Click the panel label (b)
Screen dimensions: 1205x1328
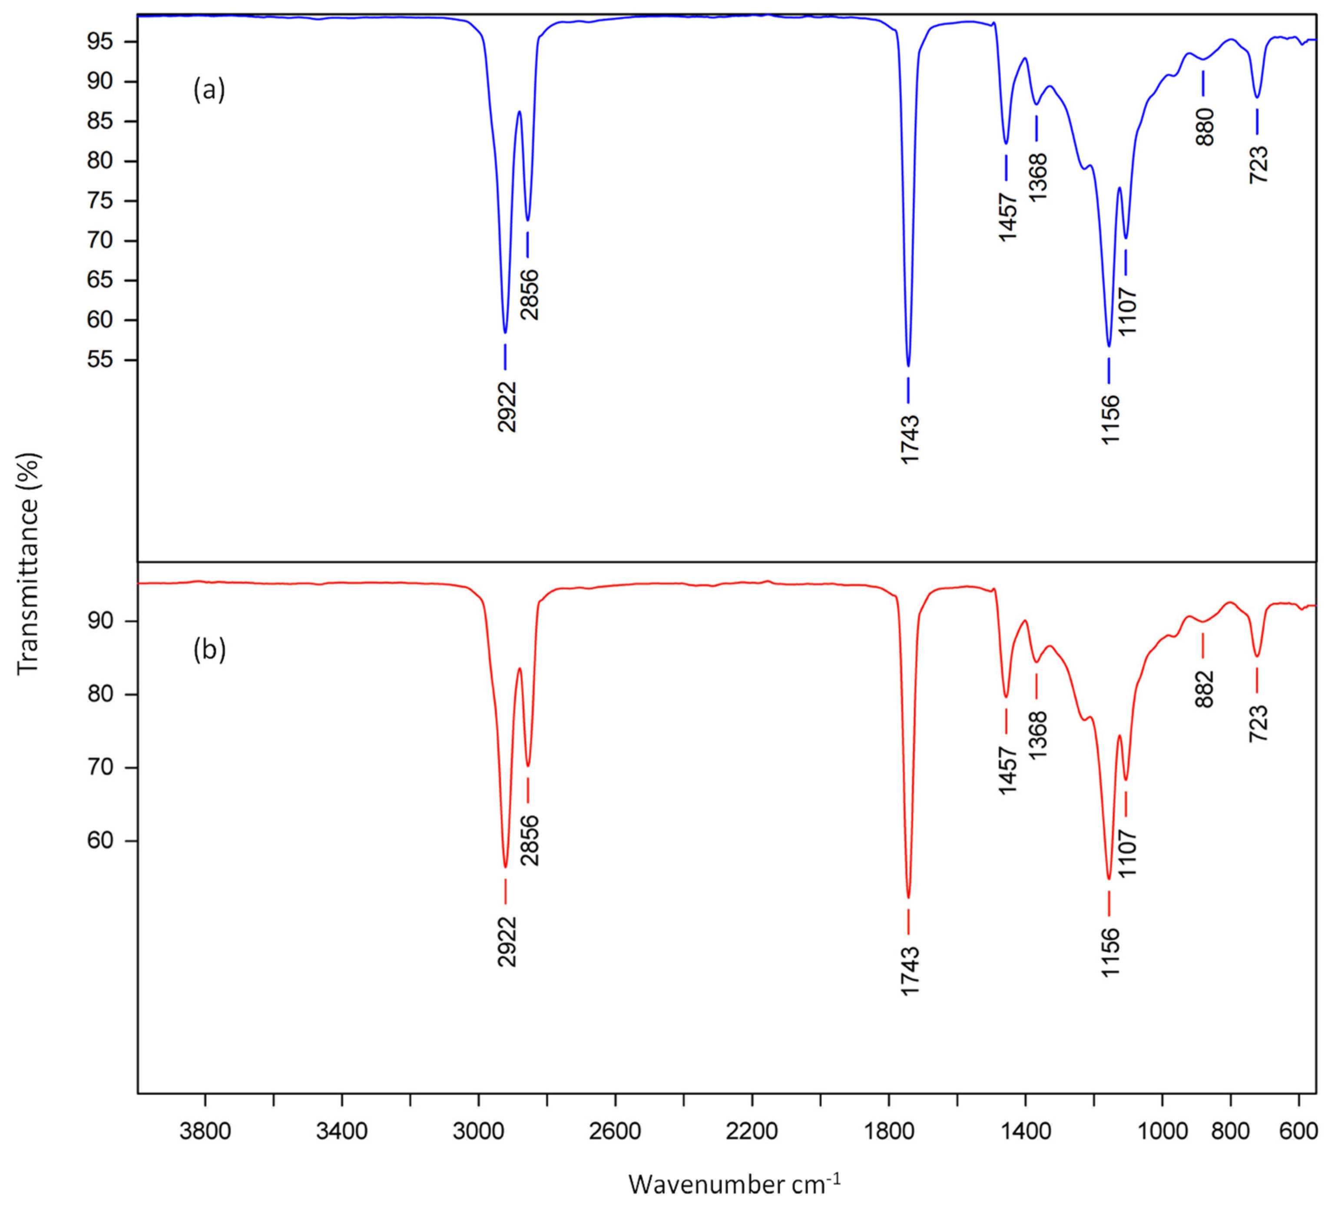[209, 650]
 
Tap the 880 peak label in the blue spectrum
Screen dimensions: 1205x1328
[1205, 126]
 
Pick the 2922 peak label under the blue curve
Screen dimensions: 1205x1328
[507, 406]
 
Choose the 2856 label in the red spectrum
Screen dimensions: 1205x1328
[530, 840]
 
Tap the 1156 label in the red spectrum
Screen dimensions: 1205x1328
[1110, 953]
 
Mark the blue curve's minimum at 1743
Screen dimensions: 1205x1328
[908, 364]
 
